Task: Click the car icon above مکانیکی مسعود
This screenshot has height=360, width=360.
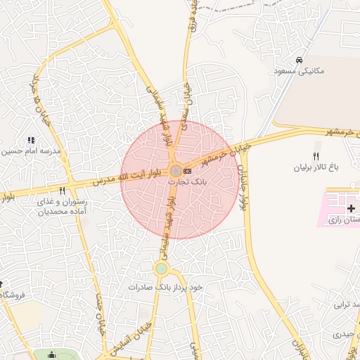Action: pyautogui.click(x=300, y=60)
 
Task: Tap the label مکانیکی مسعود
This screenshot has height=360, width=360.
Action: pyautogui.click(x=300, y=71)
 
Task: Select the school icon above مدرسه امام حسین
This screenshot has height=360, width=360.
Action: pyautogui.click(x=30, y=141)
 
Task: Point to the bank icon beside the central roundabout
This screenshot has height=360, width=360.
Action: pyautogui.click(x=188, y=170)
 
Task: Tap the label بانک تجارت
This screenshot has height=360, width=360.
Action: pyautogui.click(x=184, y=181)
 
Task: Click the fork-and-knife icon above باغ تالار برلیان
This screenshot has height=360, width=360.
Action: pyautogui.click(x=316, y=156)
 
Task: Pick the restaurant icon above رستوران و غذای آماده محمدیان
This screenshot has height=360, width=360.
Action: pyautogui.click(x=62, y=191)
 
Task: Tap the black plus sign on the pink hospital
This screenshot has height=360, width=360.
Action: pyautogui.click(x=352, y=208)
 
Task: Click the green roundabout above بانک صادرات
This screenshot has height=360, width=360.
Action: pyautogui.click(x=162, y=268)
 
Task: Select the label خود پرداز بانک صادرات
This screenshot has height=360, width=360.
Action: pyautogui.click(x=165, y=288)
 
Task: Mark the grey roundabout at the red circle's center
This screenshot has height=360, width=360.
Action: pyautogui.click(x=175, y=170)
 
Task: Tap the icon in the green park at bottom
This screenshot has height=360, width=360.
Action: pyautogui.click(x=51, y=356)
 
